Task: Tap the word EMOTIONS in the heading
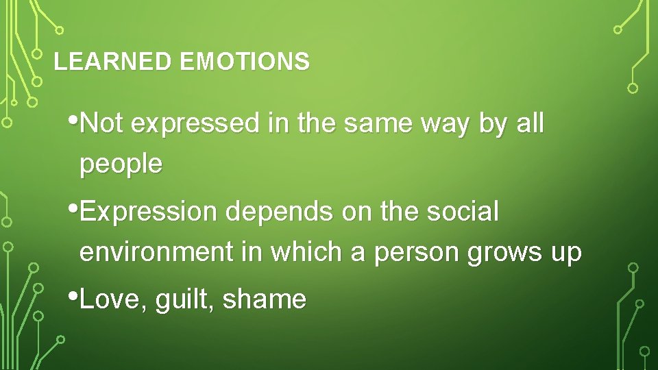click(245, 62)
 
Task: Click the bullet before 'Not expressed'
click(74, 119)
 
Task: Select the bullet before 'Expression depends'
click(74, 206)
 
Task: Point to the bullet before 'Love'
click(74, 294)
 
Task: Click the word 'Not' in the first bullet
click(102, 124)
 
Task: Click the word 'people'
click(121, 164)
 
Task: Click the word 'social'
click(463, 212)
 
